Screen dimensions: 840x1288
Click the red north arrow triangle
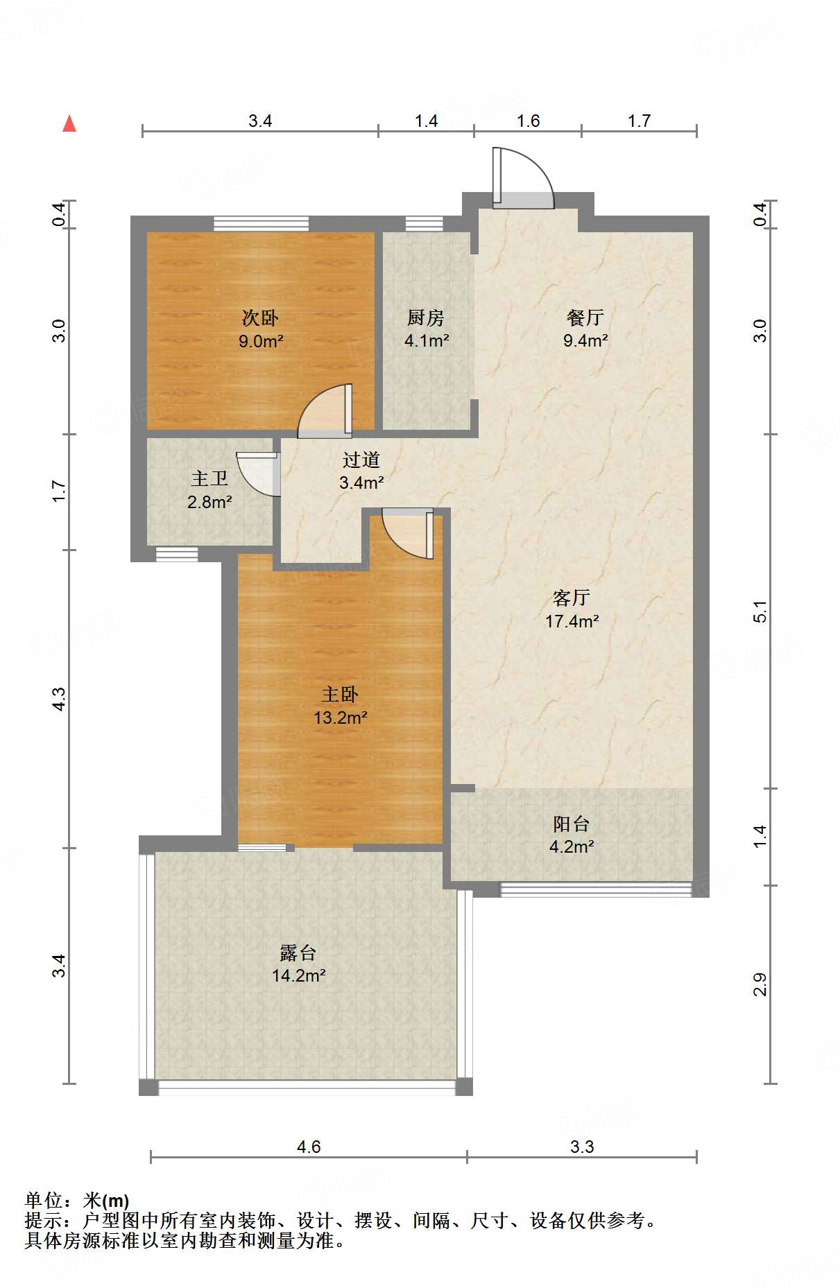pyautogui.click(x=69, y=123)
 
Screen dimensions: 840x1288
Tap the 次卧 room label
pyautogui.click(x=260, y=317)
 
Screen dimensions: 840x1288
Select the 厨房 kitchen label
pyautogui.click(x=426, y=317)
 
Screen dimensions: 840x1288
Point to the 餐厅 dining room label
pyautogui.click(x=585, y=317)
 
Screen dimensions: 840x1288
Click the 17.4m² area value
pyautogui.click(x=572, y=621)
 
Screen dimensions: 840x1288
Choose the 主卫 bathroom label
pyautogui.click(x=209, y=479)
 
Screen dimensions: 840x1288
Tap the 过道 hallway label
pyautogui.click(x=361, y=460)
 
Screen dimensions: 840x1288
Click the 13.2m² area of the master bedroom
pyautogui.click(x=341, y=717)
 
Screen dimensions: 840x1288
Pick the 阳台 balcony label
pyautogui.click(x=572, y=824)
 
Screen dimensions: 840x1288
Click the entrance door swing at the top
pyautogui.click(x=523, y=177)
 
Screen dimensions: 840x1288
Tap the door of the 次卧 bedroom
pyautogui.click(x=325, y=411)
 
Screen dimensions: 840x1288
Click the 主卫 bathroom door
pyautogui.click(x=259, y=474)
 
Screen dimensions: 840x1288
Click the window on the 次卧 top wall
pyautogui.click(x=261, y=223)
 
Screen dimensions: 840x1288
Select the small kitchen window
pyautogui.click(x=424, y=223)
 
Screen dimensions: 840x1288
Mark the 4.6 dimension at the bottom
pyautogui.click(x=309, y=1147)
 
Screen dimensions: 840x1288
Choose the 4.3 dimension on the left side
pyautogui.click(x=60, y=698)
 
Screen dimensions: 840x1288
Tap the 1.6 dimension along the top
pyautogui.click(x=528, y=121)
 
